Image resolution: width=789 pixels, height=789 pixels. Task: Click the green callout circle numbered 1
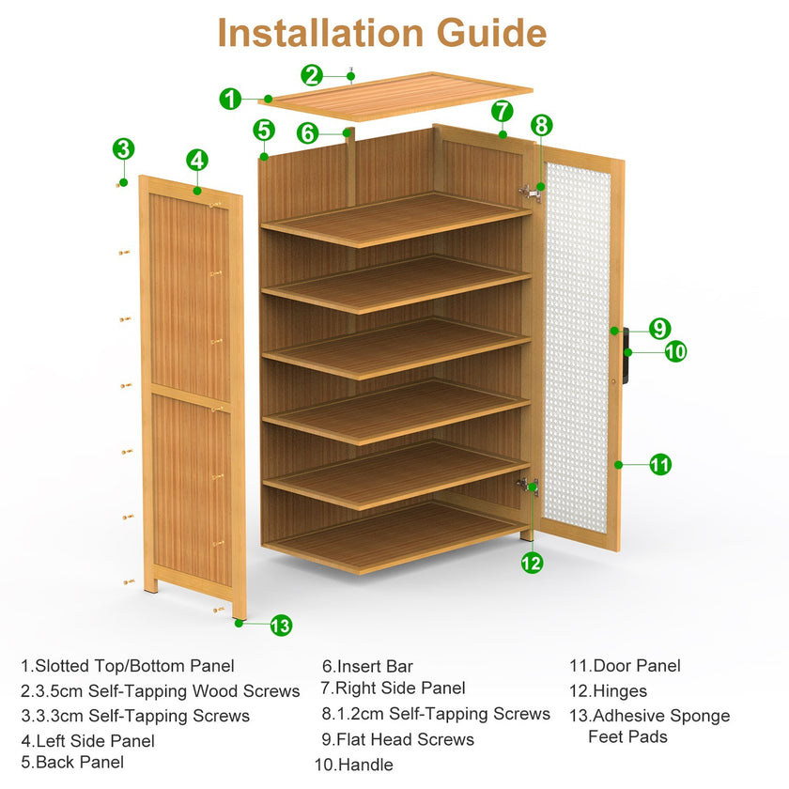231,98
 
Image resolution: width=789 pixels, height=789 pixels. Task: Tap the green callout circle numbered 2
313,75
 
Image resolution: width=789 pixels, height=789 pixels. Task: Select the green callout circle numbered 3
123,148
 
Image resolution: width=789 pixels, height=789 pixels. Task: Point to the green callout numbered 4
197,160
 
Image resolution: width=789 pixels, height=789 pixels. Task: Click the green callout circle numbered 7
503,111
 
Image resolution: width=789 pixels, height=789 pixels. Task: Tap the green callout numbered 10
675,352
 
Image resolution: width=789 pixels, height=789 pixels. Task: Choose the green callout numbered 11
660,464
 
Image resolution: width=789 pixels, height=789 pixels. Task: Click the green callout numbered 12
533,563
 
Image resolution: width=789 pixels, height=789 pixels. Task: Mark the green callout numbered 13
281,625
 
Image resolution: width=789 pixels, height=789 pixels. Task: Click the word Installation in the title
322,33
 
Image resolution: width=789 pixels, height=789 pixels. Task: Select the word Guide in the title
491,33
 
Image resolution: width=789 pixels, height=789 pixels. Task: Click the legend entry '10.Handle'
353,765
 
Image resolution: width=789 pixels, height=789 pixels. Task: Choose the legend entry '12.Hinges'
608,690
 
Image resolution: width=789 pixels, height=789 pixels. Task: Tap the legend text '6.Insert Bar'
367,667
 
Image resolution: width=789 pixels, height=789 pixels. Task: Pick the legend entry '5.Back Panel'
72,762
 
